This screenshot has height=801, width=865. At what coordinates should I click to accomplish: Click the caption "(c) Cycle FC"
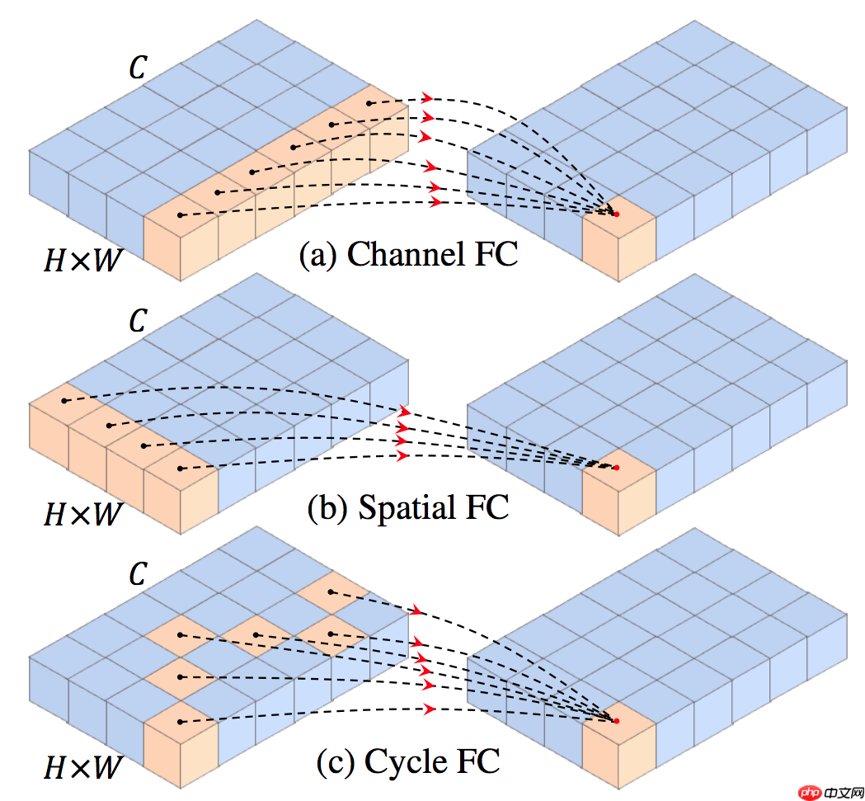(408, 761)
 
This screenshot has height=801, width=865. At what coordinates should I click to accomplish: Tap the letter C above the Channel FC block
(137, 68)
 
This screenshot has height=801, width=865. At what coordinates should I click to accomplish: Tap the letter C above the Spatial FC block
(137, 322)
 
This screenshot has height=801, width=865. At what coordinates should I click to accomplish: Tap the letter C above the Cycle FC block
(137, 574)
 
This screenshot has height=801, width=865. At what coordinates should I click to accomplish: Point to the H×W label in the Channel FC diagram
(82, 262)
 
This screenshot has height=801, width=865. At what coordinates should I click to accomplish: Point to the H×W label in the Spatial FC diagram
(82, 516)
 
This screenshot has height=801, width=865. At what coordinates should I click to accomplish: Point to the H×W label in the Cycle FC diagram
(82, 768)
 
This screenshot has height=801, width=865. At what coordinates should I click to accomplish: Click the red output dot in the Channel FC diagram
(616, 214)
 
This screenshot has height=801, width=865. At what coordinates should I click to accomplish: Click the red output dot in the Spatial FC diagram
(616, 468)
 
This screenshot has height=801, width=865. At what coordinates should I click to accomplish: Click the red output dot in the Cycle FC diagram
(616, 721)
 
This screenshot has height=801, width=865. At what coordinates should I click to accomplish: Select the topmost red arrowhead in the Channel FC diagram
(426, 97)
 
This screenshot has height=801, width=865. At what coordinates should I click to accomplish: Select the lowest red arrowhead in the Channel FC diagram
(436, 202)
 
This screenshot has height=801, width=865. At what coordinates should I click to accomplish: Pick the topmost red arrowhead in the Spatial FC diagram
(404, 411)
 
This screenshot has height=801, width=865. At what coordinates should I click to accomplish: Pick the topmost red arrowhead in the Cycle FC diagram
(416, 611)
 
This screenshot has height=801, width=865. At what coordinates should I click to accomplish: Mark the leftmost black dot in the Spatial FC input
(64, 402)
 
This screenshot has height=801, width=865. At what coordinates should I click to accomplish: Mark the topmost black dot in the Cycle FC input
(330, 592)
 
